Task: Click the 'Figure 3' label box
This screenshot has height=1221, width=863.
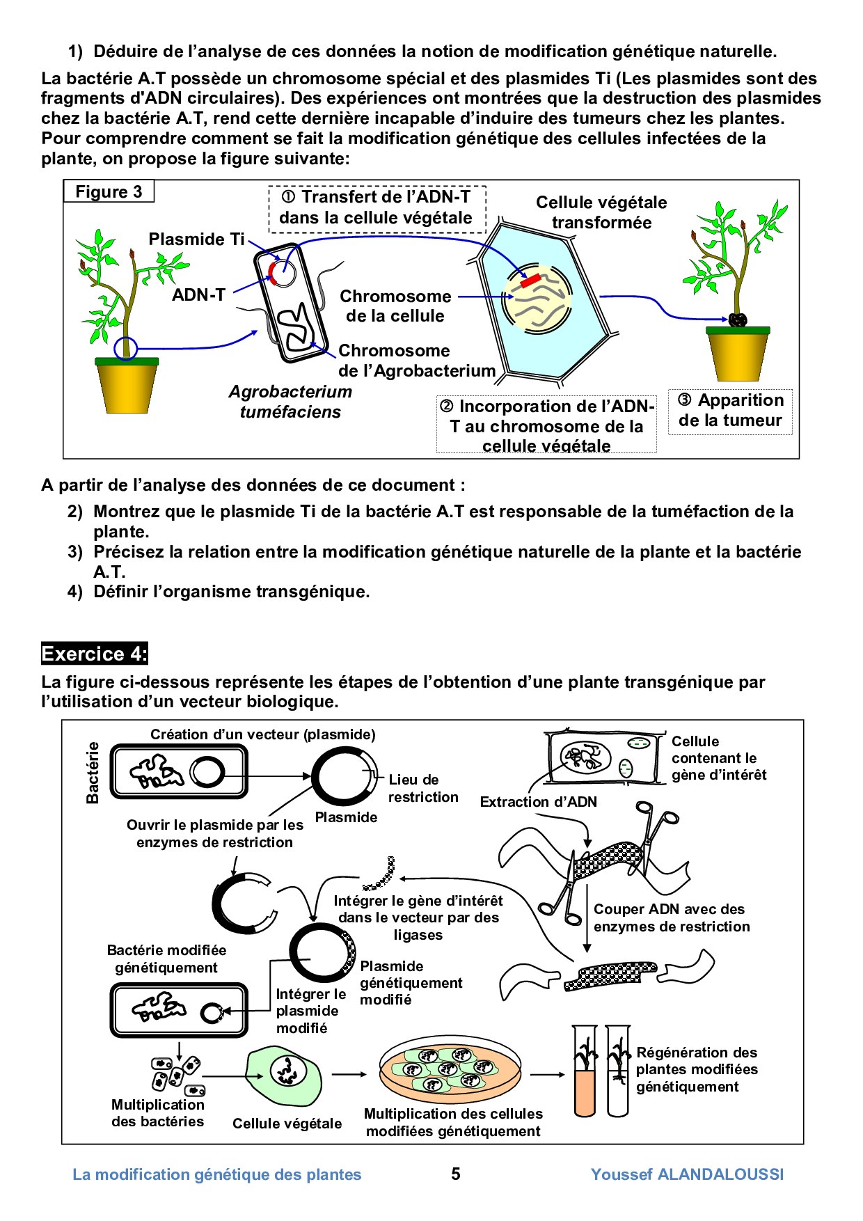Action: coord(109,192)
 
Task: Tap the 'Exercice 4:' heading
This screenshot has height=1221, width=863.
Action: coord(94,654)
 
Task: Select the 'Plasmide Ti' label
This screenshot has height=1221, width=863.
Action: coord(196,239)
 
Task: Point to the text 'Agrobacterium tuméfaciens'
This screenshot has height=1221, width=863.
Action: coord(290,402)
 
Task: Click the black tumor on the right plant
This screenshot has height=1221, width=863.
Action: coord(738,320)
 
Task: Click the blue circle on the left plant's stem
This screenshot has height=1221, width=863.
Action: coord(126,348)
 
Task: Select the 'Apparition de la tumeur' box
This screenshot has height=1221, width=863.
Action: coord(730,411)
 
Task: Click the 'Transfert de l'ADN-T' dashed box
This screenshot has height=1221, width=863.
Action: coord(377,208)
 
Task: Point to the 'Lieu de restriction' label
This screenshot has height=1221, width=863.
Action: coord(422,788)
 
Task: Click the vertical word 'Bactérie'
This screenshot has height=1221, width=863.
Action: coord(93,773)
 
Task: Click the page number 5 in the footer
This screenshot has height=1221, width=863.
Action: coord(456,1174)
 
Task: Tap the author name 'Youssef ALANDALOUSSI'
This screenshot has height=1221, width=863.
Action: coord(687,1174)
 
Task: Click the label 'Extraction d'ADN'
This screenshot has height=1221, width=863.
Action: coord(538,802)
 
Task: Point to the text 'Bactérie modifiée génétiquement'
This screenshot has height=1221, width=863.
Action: coord(166,959)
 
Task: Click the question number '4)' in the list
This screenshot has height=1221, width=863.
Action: coord(75,592)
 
